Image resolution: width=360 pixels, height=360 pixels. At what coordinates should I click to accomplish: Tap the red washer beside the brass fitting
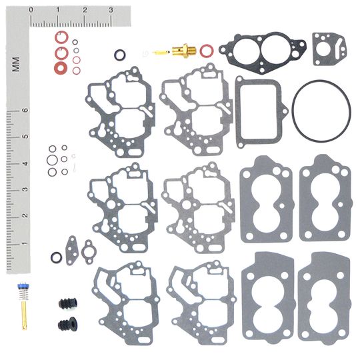tap(206, 49)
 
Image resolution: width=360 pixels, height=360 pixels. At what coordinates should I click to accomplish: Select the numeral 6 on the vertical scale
tap(25, 111)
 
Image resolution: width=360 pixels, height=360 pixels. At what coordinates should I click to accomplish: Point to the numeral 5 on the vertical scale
tap(25, 137)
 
